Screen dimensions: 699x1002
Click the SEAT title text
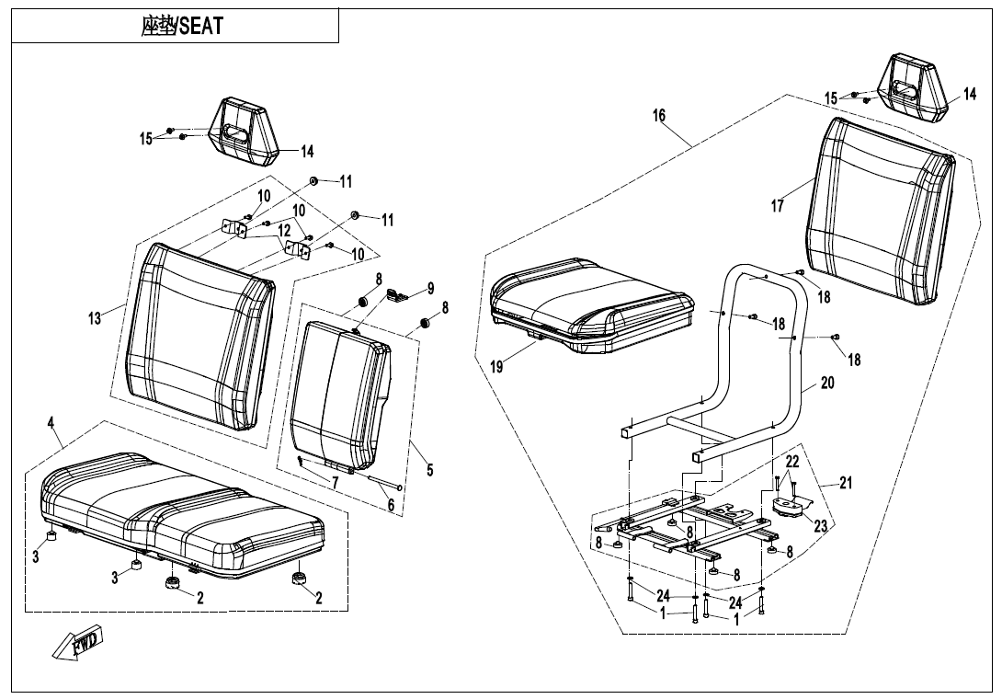coord(182,26)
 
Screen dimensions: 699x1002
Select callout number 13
coord(95,318)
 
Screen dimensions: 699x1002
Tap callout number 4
coord(51,422)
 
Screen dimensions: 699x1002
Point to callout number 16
coord(658,116)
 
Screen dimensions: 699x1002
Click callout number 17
coord(778,206)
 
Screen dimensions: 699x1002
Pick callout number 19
coord(496,366)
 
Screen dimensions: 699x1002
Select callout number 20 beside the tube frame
coord(827,383)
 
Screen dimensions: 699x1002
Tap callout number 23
coord(820,527)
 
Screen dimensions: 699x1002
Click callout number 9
coord(430,289)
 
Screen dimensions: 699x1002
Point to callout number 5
coord(429,471)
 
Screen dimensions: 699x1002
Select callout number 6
coord(391,505)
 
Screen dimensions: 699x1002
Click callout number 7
coord(336,483)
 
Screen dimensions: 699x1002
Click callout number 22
coord(791,462)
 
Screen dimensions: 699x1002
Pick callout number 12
coord(284,230)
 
